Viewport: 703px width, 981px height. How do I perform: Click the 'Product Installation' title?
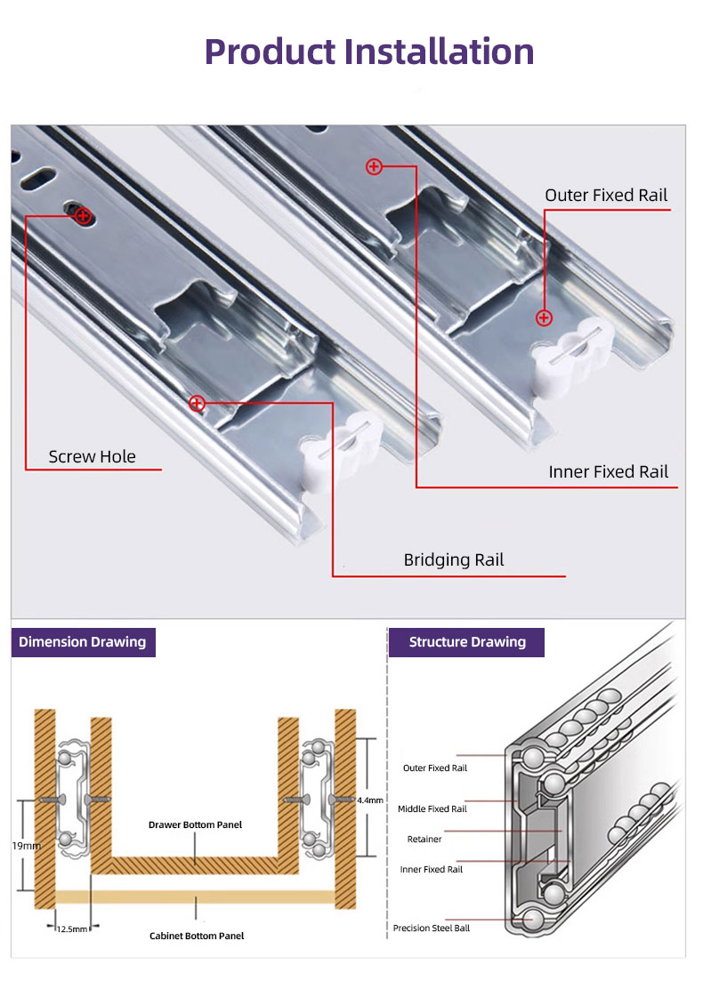tap(369, 51)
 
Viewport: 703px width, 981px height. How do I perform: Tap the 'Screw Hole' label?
tap(93, 456)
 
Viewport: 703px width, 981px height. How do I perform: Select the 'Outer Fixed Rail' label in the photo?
tap(606, 195)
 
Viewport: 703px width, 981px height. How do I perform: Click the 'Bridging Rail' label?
tap(454, 559)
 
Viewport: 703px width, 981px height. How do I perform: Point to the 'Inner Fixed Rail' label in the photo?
tap(609, 471)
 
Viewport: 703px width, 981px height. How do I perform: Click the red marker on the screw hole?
tap(83, 215)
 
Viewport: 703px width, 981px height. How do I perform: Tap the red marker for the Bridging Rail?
tap(197, 404)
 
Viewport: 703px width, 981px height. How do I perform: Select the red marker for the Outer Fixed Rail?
tap(544, 318)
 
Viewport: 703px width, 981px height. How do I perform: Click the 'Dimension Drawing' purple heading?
tap(83, 642)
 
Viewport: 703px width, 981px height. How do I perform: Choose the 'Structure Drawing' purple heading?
tap(467, 642)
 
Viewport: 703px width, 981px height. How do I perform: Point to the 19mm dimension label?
tap(26, 846)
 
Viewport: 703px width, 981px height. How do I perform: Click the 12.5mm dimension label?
tap(72, 929)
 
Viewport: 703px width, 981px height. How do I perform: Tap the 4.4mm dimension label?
tap(370, 800)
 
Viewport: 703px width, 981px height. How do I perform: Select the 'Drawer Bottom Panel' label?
tap(195, 824)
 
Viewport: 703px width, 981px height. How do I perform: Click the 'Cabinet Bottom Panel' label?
tap(196, 936)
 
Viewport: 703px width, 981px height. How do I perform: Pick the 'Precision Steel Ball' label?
tap(432, 929)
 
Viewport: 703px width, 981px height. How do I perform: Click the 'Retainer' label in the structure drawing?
tap(424, 839)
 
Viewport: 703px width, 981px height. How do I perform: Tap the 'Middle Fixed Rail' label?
tap(432, 808)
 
